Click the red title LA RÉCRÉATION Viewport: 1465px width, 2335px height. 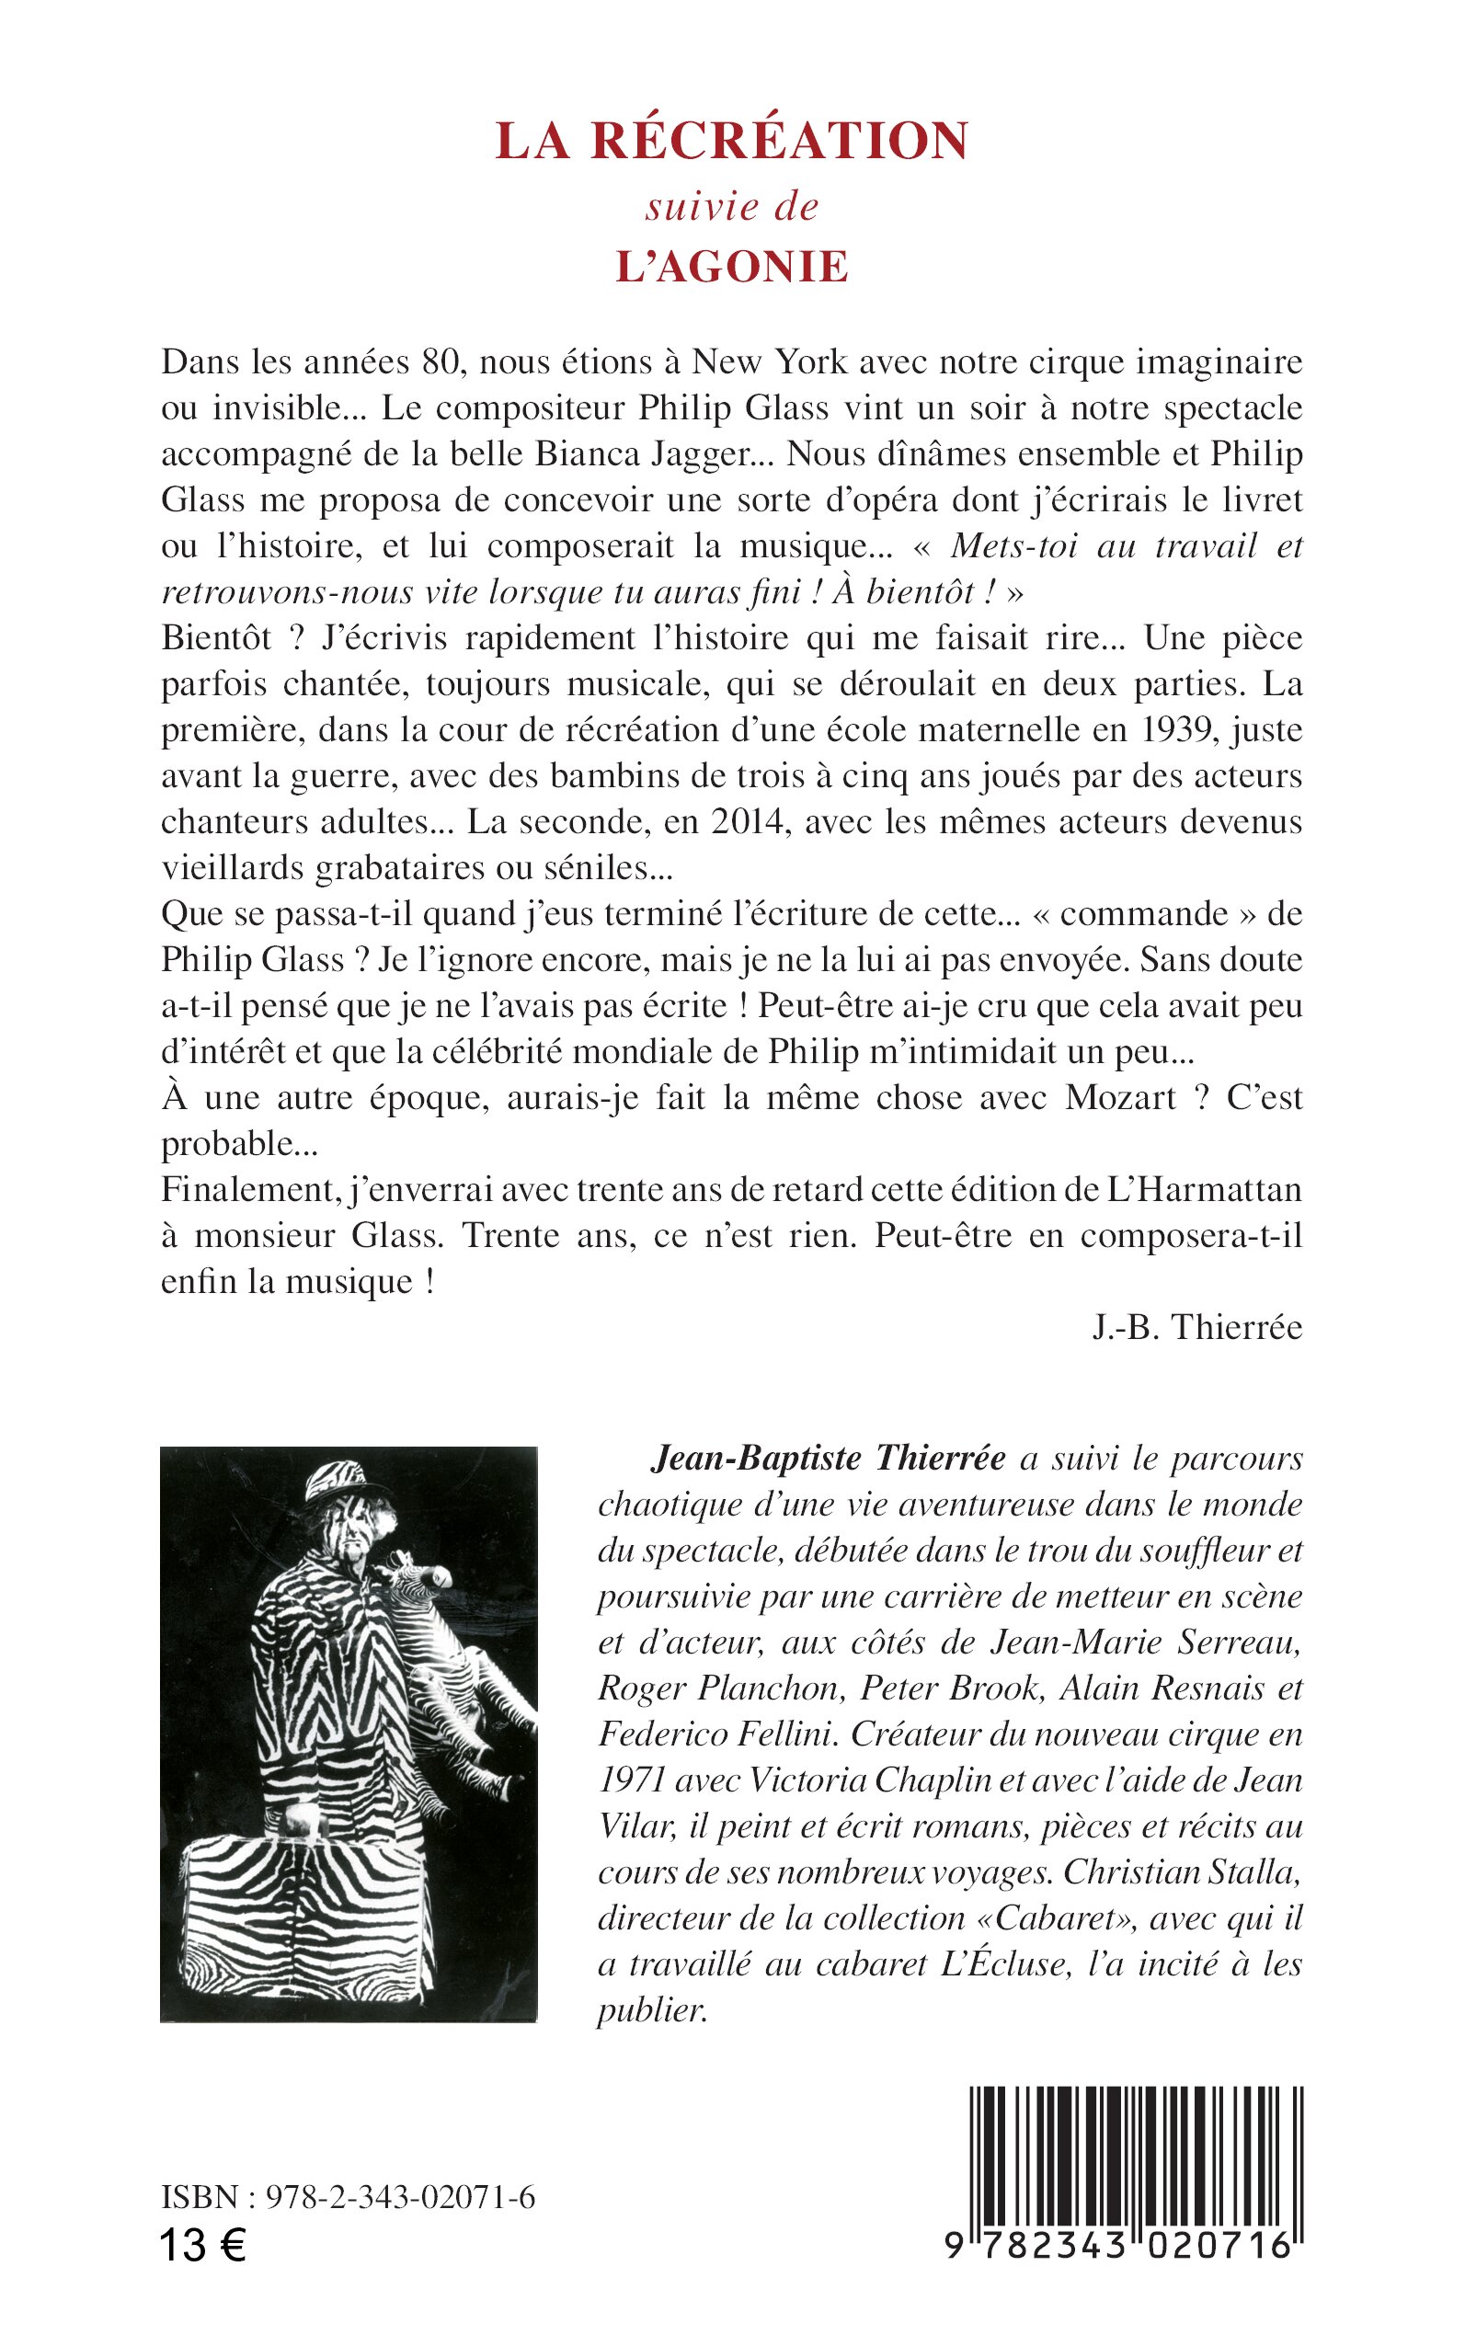tap(731, 142)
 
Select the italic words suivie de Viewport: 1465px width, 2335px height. tap(731, 206)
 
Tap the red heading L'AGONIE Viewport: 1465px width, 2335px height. tap(731, 268)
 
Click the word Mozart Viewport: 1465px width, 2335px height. tap(1120, 1098)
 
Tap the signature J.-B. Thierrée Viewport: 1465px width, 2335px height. tap(1196, 1327)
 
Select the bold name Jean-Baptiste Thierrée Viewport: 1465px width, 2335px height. tap(829, 1459)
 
